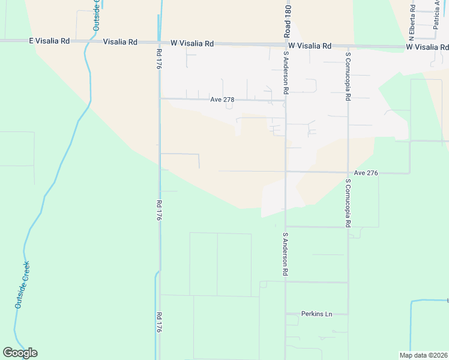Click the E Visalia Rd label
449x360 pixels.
[49, 41]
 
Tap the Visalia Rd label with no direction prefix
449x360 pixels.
[120, 42]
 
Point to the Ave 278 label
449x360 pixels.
[222, 100]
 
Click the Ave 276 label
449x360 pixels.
[366, 173]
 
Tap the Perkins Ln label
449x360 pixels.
[317, 314]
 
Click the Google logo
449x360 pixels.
[20, 353]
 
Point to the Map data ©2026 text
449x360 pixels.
[423, 355]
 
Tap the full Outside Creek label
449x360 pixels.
[23, 285]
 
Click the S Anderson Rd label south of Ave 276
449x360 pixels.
[286, 254]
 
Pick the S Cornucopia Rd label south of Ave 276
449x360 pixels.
[348, 202]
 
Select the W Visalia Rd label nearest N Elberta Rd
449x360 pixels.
[427, 46]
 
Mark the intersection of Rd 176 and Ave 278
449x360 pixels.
[160, 98]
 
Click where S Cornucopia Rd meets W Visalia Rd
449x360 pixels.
[348, 46]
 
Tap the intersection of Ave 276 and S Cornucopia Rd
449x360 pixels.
[348, 172]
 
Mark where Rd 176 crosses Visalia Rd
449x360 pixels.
[159, 42]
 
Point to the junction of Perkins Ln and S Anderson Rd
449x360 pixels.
[286, 314]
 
